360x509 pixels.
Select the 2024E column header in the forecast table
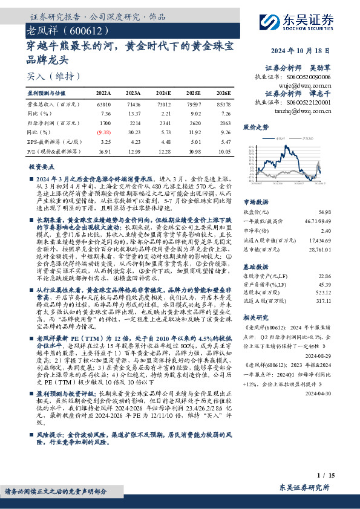pos(163,93)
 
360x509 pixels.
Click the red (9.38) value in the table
pos(103,132)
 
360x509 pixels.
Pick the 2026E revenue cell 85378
pos(223,104)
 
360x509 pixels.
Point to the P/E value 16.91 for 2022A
pos(103,151)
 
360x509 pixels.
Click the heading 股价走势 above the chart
pos(256,128)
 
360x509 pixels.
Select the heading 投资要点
pos(42,166)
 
